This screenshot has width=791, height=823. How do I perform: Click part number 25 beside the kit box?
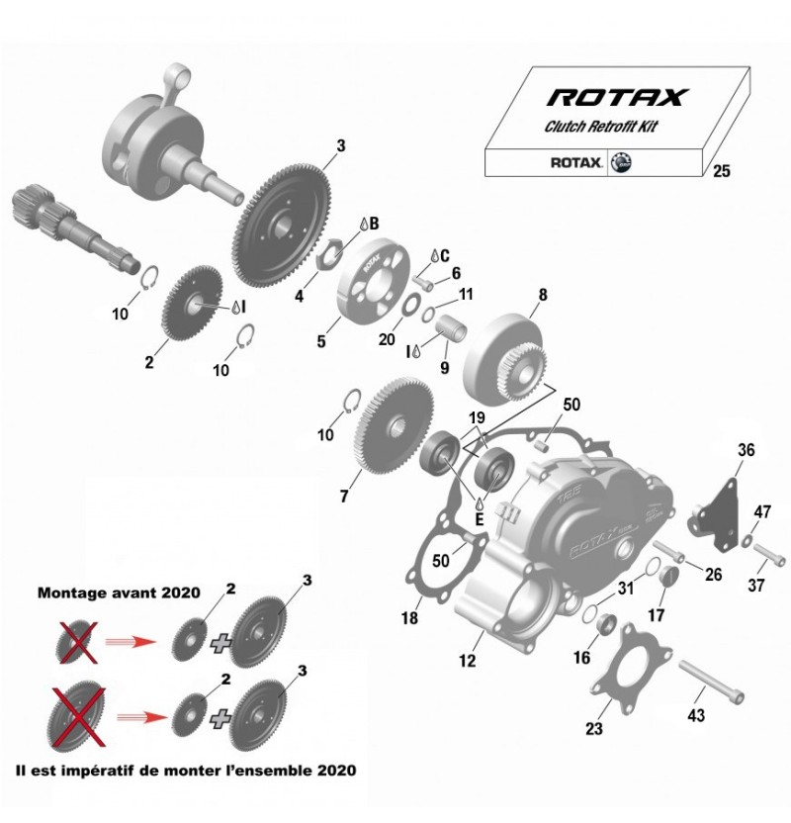coord(721,172)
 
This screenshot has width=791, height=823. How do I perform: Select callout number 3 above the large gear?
coord(341,146)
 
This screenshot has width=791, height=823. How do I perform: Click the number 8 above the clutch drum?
coord(542,294)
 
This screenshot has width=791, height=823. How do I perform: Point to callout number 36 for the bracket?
coord(746,450)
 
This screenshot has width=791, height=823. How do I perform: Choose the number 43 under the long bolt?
coord(696,715)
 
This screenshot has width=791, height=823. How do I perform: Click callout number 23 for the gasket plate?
coord(593,730)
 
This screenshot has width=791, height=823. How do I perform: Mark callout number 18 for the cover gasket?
coord(408,619)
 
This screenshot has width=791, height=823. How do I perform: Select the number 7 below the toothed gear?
coord(344,496)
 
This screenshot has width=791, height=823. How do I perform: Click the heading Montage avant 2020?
coord(119,594)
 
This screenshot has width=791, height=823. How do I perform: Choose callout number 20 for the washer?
coord(388,339)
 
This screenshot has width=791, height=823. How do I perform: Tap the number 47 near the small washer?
coord(762,511)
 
